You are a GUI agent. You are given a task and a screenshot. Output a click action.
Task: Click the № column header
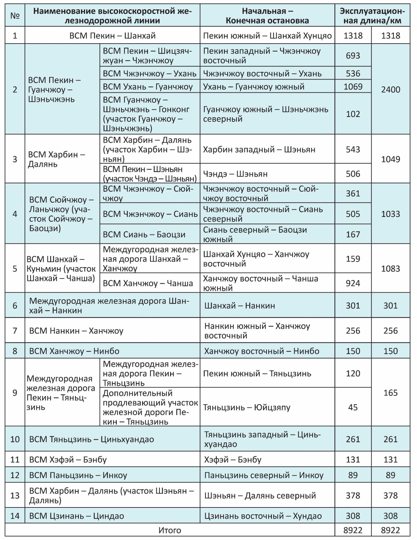coord(15,16)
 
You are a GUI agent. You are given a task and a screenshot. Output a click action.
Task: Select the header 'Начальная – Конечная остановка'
coord(267,16)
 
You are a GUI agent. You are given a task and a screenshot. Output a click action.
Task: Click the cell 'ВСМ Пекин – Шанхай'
coord(112,36)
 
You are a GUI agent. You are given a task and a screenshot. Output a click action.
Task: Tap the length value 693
coord(353,56)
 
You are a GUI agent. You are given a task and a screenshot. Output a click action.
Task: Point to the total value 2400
coord(390,90)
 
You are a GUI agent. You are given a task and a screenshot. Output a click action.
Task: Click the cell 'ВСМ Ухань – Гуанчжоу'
coord(148,86)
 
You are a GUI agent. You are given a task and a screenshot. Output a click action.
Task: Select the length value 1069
coord(353,86)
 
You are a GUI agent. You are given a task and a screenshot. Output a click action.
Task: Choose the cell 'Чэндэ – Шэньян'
coord(235,174)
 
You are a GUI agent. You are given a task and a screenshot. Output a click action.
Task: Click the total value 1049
coord(390,159)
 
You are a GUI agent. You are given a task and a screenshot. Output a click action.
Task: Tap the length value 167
coord(353,234)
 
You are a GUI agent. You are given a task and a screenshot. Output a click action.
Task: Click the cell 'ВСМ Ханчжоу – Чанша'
coord(148,283)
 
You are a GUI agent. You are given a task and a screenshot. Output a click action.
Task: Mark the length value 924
coord(353,283)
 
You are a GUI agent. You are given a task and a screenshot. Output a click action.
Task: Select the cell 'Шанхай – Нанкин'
coord(240,305)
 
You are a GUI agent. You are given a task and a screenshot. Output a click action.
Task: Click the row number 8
coord(15,351)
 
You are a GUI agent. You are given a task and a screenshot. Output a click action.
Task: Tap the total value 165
coord(390,393)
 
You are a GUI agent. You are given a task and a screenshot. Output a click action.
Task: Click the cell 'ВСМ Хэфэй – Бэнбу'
coord(68,459)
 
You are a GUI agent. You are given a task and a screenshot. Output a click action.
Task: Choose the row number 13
coord(15,495)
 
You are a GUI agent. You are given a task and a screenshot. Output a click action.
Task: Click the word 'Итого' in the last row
coord(170,530)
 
